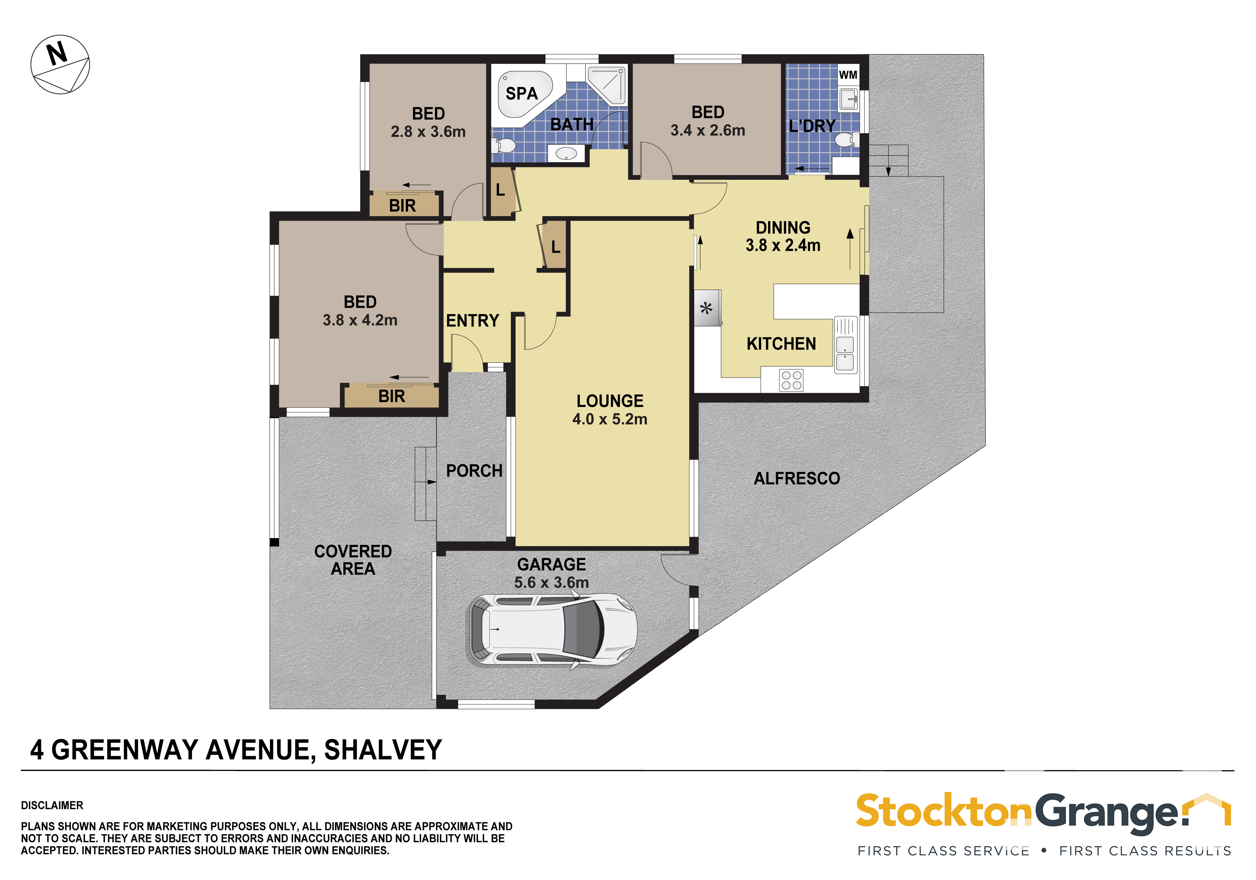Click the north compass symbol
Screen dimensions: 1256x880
click(x=60, y=65)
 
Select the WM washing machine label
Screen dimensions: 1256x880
click(x=848, y=75)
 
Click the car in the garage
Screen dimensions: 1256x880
click(x=552, y=630)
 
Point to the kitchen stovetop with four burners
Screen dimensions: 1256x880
click(x=791, y=380)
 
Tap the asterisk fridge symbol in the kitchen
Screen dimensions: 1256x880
click(x=707, y=308)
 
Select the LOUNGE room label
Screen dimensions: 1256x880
click(x=610, y=401)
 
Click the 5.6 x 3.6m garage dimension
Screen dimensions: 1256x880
click(x=552, y=582)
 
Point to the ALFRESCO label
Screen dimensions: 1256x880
click(x=796, y=478)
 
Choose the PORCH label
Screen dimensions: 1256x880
click(x=474, y=471)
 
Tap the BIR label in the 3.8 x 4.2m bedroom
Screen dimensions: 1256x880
click(x=392, y=396)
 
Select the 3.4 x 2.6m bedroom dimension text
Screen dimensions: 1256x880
click(x=708, y=130)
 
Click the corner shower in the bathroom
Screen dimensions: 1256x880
click(x=606, y=84)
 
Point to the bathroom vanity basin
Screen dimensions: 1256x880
click(x=566, y=153)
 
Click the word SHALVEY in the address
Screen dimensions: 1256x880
click(x=383, y=750)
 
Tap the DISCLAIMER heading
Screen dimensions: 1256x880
click(x=52, y=805)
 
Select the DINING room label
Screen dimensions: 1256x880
click(x=783, y=227)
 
